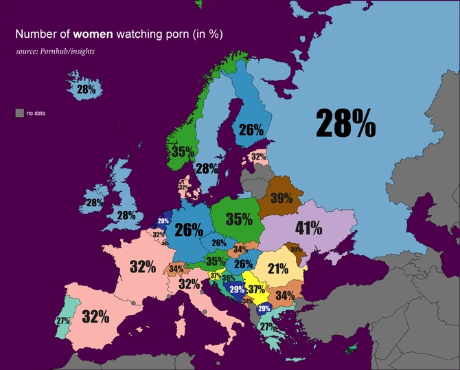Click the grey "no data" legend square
click(x=19, y=113)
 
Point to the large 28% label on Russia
click(x=345, y=124)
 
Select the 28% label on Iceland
click(x=86, y=89)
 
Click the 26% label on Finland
click(x=251, y=129)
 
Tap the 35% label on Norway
click(x=182, y=151)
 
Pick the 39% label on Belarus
click(x=281, y=199)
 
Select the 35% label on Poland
click(x=239, y=219)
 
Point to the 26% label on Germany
click(x=189, y=230)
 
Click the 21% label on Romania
click(x=278, y=269)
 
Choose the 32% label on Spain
click(x=95, y=317)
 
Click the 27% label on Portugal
click(x=63, y=321)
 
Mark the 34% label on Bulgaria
click(x=285, y=296)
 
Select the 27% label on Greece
click(x=267, y=327)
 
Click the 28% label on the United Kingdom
click(x=126, y=215)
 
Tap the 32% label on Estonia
click(x=258, y=157)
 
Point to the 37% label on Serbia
click(x=257, y=290)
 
